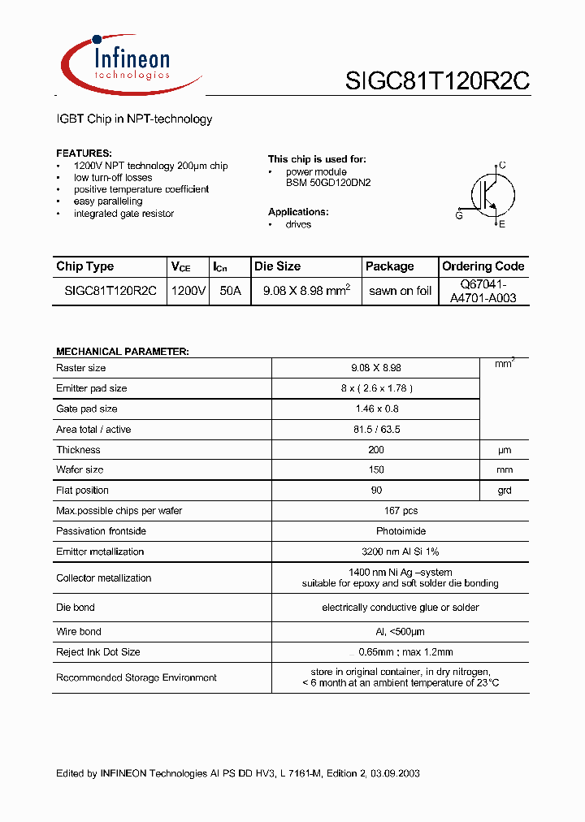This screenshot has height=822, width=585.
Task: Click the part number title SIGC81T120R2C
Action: click(437, 81)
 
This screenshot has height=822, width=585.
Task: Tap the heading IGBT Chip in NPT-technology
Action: click(134, 119)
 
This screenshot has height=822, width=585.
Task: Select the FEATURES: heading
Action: click(84, 154)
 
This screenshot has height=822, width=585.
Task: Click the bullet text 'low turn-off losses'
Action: click(113, 177)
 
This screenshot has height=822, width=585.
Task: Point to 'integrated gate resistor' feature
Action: click(123, 214)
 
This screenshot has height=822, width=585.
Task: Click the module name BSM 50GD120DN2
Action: click(327, 184)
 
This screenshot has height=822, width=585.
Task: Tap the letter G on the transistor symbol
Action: click(459, 215)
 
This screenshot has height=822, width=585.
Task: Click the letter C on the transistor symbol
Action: click(502, 166)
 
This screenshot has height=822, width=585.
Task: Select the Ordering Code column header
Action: click(483, 266)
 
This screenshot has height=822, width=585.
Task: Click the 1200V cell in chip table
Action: click(188, 291)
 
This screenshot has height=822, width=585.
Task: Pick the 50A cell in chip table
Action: click(230, 291)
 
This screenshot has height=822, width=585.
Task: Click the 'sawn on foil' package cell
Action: click(400, 291)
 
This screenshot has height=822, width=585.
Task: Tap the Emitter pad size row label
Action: click(92, 388)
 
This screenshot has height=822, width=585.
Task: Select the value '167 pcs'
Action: click(400, 511)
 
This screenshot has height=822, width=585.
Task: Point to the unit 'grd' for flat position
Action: click(504, 491)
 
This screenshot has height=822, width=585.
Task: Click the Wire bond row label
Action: click(79, 631)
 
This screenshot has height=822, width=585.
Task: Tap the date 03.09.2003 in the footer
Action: click(393, 774)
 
